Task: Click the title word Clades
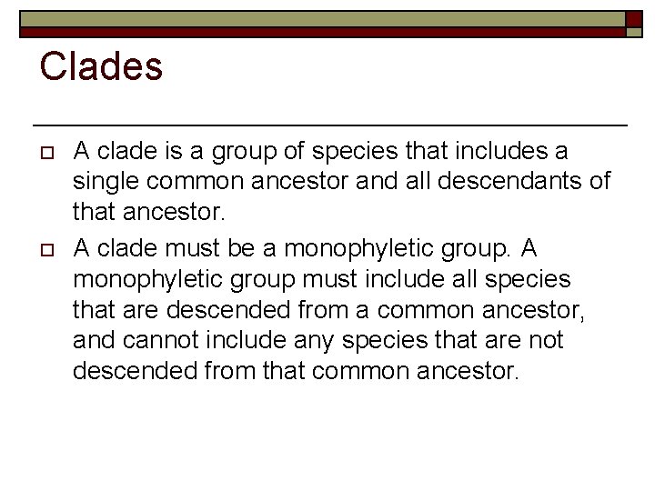click(x=102, y=67)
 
